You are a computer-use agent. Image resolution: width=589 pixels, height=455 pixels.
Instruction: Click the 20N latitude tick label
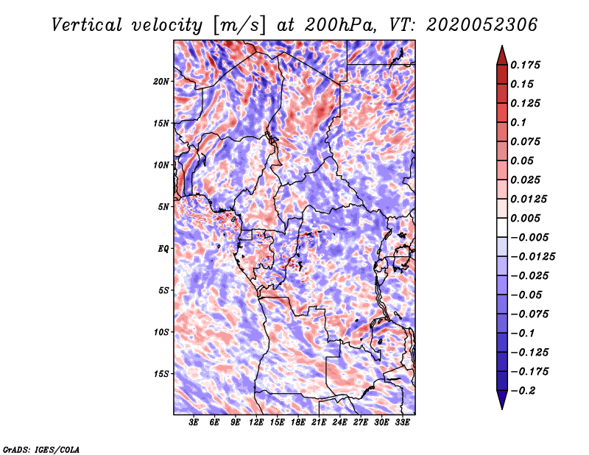(161, 81)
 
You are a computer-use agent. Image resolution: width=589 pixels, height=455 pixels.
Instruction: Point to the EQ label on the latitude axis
(163, 249)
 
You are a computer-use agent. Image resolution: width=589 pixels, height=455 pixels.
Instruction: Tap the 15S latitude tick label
(161, 374)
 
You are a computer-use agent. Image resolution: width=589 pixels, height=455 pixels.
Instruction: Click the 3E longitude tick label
(194, 423)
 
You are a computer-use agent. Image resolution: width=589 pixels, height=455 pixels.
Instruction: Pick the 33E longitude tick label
(402, 423)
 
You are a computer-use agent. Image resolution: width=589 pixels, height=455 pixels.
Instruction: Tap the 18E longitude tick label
(298, 423)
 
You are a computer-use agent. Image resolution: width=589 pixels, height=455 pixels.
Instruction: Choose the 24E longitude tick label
(339, 423)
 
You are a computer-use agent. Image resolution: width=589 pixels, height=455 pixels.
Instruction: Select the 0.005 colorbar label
(528, 219)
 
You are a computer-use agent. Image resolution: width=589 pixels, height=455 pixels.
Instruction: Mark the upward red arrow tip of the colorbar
(501, 48)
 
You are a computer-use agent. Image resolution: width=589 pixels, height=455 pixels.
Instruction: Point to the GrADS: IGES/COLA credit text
(40, 448)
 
